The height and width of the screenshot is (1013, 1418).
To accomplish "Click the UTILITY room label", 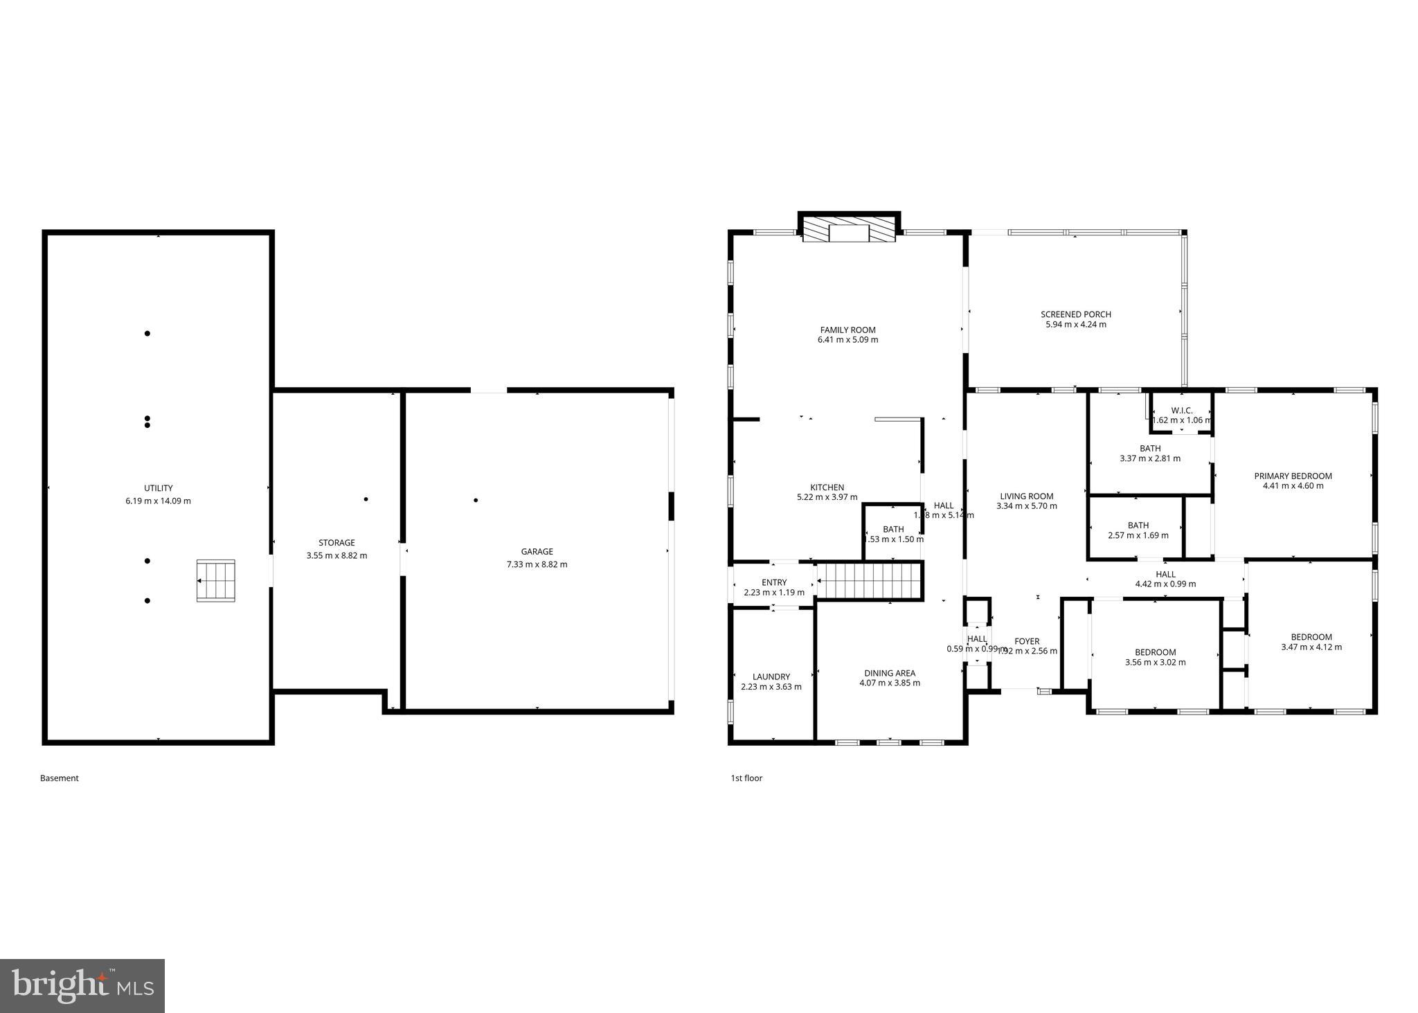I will coord(158,488).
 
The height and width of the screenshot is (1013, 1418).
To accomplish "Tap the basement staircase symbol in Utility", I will coord(215,580).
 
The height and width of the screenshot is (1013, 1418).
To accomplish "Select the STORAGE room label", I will coord(336,543).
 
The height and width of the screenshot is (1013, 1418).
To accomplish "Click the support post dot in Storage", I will coord(366,499).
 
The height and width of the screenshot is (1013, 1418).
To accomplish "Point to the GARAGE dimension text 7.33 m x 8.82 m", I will coord(537,564).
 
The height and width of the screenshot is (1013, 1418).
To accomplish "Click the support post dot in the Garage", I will coord(476,500).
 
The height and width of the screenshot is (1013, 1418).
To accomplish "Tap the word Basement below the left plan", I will coord(60,778).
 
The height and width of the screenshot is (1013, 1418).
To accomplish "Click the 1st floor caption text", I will coord(746,778).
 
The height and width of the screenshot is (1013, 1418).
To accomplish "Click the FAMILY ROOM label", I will coord(847,330).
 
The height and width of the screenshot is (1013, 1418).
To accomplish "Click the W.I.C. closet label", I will coord(1181,411).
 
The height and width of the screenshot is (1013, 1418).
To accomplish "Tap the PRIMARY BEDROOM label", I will coord(1293,476).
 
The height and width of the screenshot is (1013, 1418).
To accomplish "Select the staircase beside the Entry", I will coord(870,580).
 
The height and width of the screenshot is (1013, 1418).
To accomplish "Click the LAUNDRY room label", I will coord(771,677).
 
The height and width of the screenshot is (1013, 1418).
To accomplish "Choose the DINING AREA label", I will coord(889,673).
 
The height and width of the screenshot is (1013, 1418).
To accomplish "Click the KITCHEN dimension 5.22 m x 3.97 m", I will coord(827,497).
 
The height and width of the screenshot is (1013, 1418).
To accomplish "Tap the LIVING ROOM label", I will coord(1026,496).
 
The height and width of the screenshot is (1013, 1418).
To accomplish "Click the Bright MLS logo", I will coord(82,986).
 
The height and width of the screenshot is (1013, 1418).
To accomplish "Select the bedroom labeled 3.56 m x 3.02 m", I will coord(1155,657).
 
